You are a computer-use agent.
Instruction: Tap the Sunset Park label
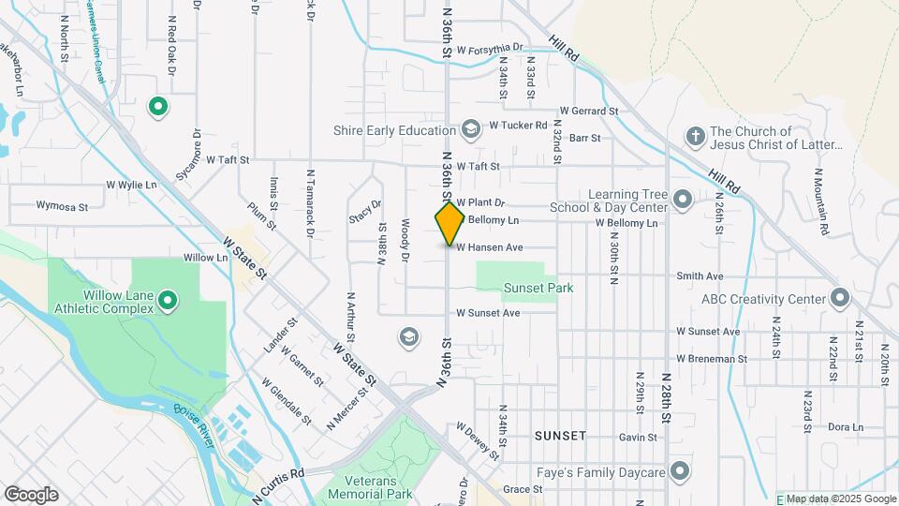[x=538, y=289]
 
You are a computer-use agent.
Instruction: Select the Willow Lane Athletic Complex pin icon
[x=168, y=301]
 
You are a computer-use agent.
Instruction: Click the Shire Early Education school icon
[x=470, y=127]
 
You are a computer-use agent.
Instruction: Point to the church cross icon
[x=694, y=137]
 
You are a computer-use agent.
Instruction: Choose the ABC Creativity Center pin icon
[x=839, y=299]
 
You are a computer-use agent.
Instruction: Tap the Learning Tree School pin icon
[x=682, y=199]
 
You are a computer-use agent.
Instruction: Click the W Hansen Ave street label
[x=489, y=247]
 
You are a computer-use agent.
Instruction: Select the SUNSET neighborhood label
[x=560, y=436]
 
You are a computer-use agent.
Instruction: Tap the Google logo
[x=32, y=495]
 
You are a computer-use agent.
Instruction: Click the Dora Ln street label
[x=846, y=427]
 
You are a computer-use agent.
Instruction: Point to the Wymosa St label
[x=62, y=205]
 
